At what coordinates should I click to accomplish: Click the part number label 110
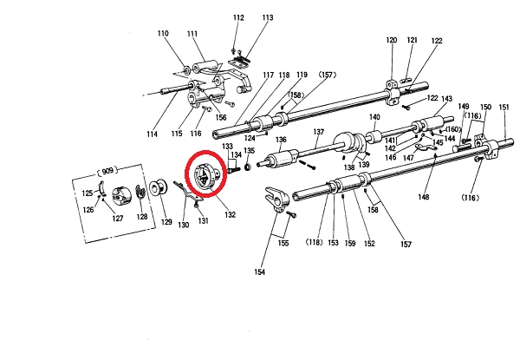click(x=162, y=34)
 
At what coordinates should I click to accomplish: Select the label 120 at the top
click(x=391, y=41)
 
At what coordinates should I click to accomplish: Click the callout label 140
click(x=374, y=117)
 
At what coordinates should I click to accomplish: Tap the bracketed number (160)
click(x=452, y=130)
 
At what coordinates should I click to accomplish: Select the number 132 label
click(x=230, y=214)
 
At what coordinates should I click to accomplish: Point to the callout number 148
click(x=423, y=195)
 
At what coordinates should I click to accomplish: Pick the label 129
click(x=166, y=223)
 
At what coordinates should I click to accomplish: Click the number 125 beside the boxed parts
click(x=88, y=193)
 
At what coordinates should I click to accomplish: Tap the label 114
click(x=153, y=134)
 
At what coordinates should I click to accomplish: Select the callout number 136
click(x=281, y=140)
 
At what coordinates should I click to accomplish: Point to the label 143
click(x=447, y=99)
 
